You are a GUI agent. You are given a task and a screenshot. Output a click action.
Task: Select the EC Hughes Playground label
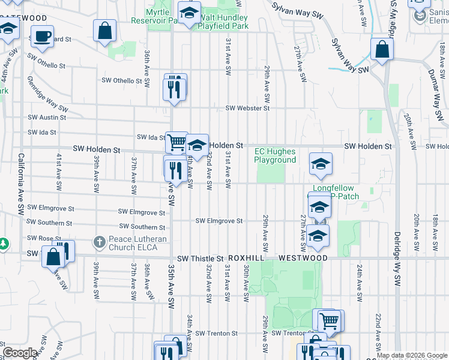(275, 156)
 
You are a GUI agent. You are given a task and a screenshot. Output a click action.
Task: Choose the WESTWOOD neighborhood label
(303, 258)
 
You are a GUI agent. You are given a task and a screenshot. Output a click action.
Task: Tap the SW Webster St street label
(247, 108)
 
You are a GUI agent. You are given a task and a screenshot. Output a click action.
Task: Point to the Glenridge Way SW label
(47, 96)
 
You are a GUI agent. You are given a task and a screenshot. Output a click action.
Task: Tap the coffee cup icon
(42, 36)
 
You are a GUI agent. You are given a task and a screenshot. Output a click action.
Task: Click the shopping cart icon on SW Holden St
(176, 142)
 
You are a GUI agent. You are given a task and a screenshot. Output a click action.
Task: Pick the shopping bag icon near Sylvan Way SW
(382, 50)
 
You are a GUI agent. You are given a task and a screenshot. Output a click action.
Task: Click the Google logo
(20, 353)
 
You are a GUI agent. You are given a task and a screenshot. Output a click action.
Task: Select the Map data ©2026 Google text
(411, 355)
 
